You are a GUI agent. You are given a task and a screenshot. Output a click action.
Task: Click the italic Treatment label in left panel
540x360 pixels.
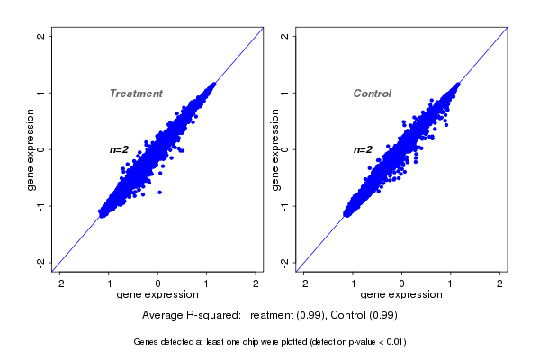(136, 94)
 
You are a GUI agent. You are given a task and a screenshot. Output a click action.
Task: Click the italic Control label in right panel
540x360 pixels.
(372, 94)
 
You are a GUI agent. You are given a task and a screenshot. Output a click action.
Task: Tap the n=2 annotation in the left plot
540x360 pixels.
(120, 149)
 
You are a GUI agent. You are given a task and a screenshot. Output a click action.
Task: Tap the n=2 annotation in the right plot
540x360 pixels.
(363, 149)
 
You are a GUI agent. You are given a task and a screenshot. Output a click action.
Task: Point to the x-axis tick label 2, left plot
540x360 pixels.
(256, 283)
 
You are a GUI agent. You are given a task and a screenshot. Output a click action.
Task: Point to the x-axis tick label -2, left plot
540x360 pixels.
(60, 283)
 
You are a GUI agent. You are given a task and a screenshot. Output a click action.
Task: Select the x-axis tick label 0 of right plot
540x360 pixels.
(402, 283)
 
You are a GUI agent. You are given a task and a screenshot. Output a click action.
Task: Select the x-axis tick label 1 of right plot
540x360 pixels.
(452, 283)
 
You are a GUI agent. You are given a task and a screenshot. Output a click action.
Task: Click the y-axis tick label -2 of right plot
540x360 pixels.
(284, 262)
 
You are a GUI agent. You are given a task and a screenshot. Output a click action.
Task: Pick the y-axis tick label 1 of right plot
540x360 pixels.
(284, 93)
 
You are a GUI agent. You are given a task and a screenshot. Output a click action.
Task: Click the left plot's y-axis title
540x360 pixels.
(31, 149)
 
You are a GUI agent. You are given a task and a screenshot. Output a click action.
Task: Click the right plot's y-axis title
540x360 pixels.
(275, 149)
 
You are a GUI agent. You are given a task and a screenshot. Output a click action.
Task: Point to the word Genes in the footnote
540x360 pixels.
(146, 342)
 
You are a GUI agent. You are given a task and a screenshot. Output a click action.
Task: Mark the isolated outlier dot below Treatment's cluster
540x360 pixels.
(160, 192)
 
